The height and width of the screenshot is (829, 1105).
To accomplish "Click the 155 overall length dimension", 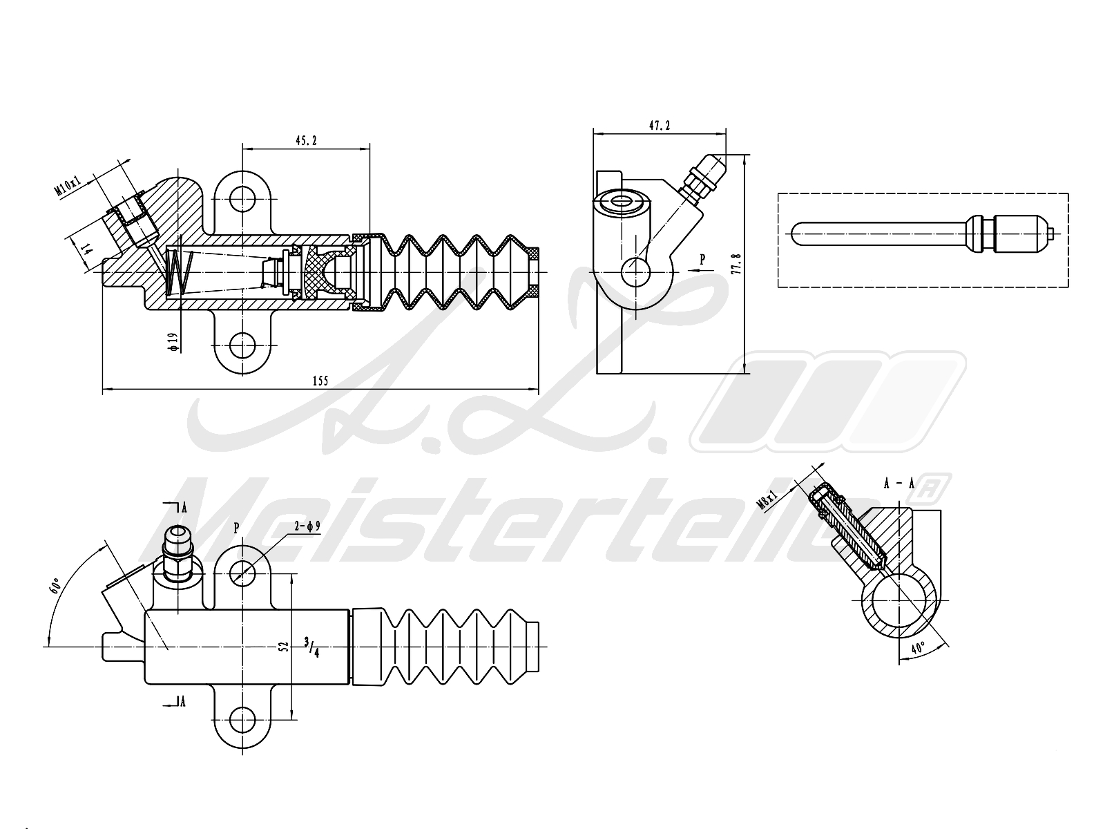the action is pos(320,381).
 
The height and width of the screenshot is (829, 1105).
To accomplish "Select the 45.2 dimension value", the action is pos(306,140).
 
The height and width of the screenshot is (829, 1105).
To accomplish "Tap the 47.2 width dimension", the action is pos(660,126).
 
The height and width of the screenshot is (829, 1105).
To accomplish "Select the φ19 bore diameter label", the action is pos(173,341).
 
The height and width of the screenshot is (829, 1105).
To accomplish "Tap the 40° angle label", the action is pos(918,648).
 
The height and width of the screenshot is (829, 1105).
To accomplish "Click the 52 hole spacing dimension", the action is pos(282,646).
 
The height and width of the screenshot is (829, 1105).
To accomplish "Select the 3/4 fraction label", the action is pos(311,647).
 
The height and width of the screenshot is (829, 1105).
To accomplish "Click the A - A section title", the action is pos(899,484).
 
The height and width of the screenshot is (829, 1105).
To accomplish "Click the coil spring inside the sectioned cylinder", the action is pos(178,271).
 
